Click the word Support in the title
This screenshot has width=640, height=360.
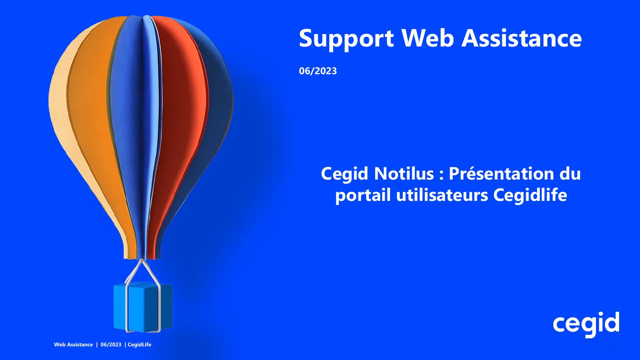point(346,39)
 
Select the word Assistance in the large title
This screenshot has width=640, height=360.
point(522,38)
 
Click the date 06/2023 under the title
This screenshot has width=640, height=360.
point(318,71)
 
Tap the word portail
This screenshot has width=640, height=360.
point(363,195)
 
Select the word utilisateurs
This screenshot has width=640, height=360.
point(442,195)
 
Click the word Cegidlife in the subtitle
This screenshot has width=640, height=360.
point(530,195)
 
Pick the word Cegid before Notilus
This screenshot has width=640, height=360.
point(345,174)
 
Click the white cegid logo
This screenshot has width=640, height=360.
point(586,323)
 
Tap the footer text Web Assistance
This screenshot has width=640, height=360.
point(73,345)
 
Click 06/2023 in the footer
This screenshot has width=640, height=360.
point(111,345)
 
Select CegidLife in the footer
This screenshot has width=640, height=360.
point(140,345)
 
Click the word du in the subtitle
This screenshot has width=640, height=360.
point(570,174)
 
